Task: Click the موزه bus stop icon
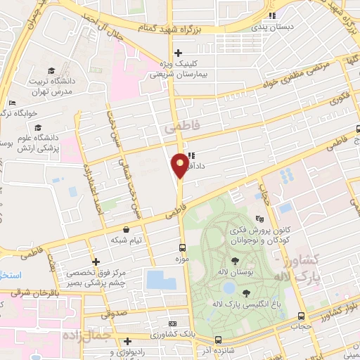click(183, 247)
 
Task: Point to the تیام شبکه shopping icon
click(126, 229)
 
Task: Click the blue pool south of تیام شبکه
click(161, 279)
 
